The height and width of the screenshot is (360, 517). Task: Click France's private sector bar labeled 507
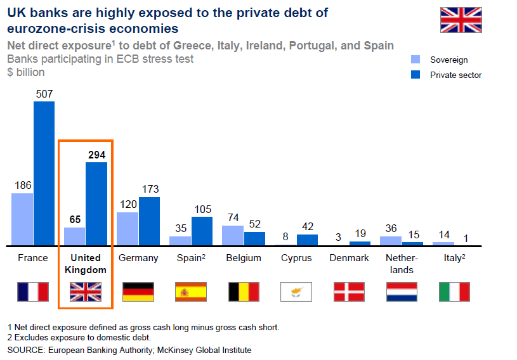[44, 173]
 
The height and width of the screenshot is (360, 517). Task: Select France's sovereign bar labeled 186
[22, 219]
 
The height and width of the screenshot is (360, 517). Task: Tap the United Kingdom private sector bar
[96, 203]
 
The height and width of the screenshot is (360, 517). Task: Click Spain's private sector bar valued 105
[202, 231]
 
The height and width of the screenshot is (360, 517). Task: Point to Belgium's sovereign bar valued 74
[233, 235]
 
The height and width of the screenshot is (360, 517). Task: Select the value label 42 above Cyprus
[308, 227]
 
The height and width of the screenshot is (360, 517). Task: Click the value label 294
[96, 154]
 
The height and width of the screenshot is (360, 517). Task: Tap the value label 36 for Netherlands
[391, 228]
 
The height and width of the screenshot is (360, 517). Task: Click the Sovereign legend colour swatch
[416, 60]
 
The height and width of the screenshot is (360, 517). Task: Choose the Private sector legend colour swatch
[416, 75]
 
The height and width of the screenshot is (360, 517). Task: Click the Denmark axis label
[349, 258]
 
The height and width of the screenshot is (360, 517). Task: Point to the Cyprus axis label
[296, 258]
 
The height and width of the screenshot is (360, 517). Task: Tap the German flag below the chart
[138, 292]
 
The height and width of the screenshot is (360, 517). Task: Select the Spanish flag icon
[191, 292]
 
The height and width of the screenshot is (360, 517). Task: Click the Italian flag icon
[454, 292]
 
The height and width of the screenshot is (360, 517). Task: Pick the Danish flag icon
[349, 292]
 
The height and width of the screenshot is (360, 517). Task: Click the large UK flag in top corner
[461, 20]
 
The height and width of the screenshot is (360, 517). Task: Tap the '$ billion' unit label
[26, 72]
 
